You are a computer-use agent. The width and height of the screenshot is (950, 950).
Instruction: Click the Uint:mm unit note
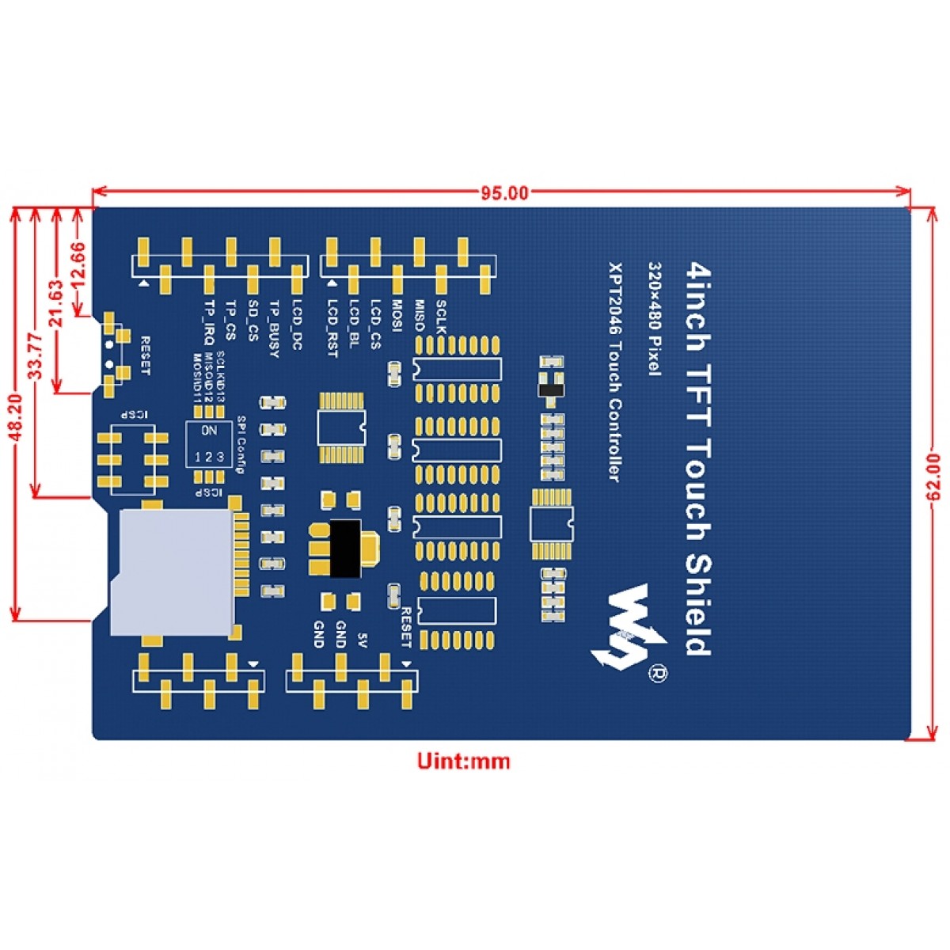coord(464,762)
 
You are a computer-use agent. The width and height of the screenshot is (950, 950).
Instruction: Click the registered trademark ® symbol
coord(657,674)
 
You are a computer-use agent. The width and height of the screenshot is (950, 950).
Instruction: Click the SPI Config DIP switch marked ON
coord(209,444)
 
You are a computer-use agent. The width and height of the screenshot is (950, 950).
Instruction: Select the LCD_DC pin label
coord(296,325)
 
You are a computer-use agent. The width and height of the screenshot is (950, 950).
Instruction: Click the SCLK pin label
coord(441,317)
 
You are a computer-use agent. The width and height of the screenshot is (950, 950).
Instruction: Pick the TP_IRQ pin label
coord(208,324)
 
